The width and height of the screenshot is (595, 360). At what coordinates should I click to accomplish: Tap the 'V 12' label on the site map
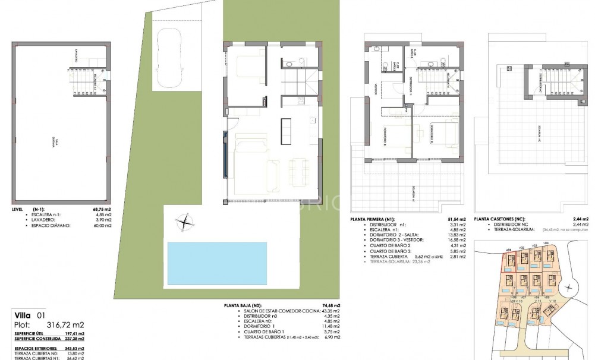click(552, 301)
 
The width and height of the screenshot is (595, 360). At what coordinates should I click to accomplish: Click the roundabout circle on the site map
click(569, 289)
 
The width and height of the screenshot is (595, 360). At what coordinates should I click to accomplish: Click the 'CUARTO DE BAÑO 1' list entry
click(266, 332)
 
